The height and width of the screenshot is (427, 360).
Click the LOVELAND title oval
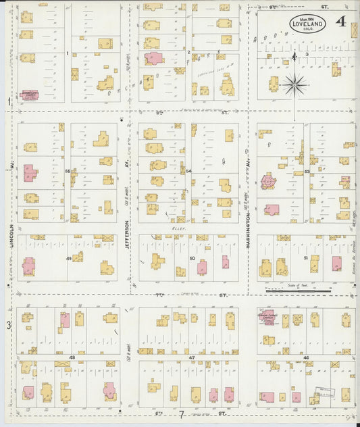tap(308, 24)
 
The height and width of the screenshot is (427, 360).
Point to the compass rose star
tap(294, 84)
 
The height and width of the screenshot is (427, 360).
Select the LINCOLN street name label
tap(12, 234)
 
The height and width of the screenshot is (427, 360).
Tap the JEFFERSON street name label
tap(128, 236)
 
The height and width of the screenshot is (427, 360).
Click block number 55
tap(68, 172)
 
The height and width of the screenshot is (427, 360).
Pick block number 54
tap(189, 172)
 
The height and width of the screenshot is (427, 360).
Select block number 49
tap(68, 258)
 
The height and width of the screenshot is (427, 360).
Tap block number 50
tap(192, 258)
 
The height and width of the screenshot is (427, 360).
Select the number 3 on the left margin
tap(9, 325)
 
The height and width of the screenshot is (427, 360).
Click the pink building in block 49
tap(28, 266)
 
